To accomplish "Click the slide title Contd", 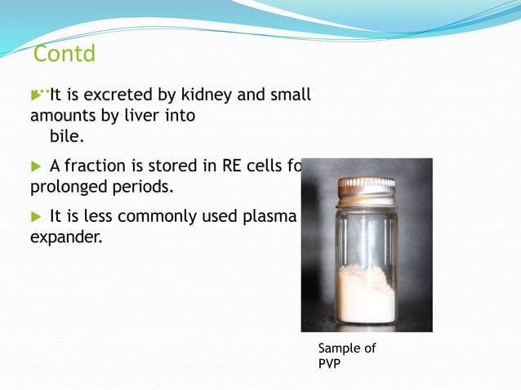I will pos(65,55).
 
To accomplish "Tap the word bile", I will pos(68,136).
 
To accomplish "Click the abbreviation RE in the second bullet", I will pos(232,166).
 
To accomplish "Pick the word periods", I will pos(142,188).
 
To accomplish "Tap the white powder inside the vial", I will pos(365,294).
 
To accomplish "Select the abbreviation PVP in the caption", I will pos(329,363).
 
